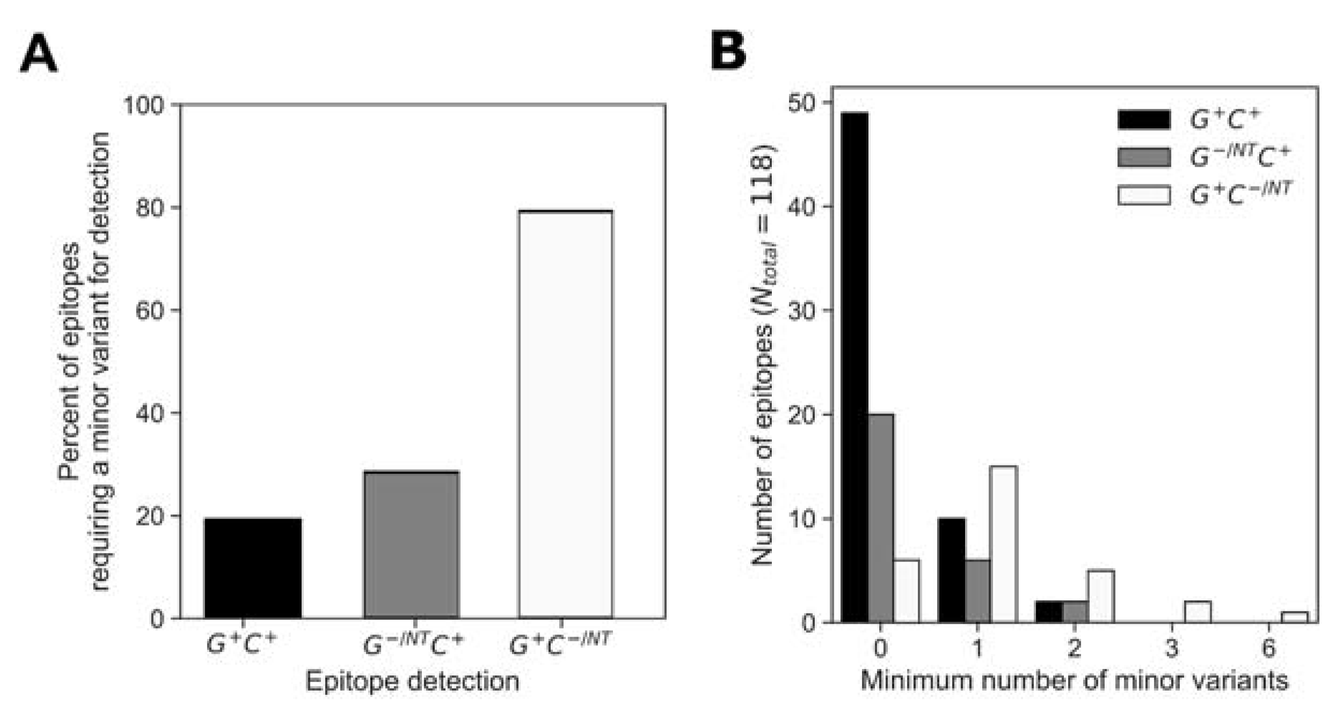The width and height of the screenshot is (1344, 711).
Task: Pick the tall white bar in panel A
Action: pyautogui.click(x=565, y=414)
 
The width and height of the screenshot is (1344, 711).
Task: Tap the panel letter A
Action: pyautogui.click(x=38, y=54)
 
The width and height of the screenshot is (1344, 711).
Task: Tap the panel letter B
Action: pyautogui.click(x=728, y=52)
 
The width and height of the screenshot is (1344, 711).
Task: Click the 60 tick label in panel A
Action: pyautogui.click(x=149, y=310)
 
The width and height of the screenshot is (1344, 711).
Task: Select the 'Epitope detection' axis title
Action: pyautogui.click(x=412, y=682)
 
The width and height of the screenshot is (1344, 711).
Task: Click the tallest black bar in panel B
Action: pyautogui.click(x=854, y=367)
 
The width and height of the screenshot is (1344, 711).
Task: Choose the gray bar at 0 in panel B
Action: pyautogui.click(x=881, y=518)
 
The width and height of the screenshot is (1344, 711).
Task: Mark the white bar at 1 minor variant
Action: pyautogui.click(x=1003, y=544)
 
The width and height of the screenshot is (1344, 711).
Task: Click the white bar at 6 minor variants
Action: pyautogui.click(x=1294, y=617)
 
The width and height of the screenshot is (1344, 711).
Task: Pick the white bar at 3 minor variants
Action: pyautogui.click(x=1197, y=612)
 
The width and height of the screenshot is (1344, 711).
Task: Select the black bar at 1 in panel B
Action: pyautogui.click(x=952, y=570)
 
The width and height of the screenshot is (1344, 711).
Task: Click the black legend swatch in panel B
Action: pyautogui.click(x=1144, y=119)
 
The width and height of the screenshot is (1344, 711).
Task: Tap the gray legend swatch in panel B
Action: pyautogui.click(x=1144, y=157)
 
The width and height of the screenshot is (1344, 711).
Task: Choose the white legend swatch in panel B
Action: pyautogui.click(x=1144, y=195)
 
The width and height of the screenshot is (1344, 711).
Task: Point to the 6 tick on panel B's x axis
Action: pyautogui.click(x=1268, y=648)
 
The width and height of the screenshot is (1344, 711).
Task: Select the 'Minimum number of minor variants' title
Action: pyautogui.click(x=1074, y=680)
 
